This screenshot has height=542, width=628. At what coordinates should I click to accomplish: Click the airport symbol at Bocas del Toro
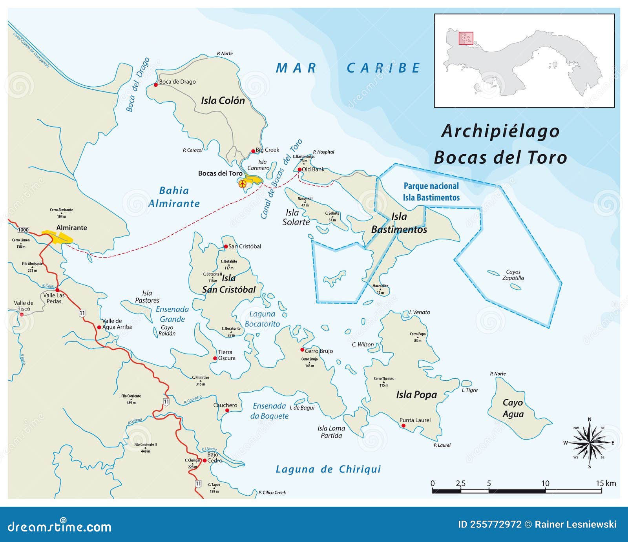click(243, 183)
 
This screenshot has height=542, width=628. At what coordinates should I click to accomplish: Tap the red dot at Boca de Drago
click(156, 85)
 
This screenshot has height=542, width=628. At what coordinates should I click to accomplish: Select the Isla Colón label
click(223, 100)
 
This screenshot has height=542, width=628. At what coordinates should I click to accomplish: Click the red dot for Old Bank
click(299, 170)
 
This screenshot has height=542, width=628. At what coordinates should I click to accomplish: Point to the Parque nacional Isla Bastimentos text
click(431, 192)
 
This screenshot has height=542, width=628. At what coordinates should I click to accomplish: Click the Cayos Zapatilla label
click(513, 275)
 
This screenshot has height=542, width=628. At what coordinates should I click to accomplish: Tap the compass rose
click(589, 443)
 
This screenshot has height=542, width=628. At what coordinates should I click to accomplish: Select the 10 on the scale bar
click(545, 484)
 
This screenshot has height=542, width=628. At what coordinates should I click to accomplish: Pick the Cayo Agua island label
click(513, 408)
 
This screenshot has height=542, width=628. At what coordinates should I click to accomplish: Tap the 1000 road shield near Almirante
click(24, 230)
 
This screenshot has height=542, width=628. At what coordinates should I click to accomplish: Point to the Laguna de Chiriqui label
click(328, 469)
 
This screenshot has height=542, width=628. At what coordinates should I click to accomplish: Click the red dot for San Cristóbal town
click(226, 246)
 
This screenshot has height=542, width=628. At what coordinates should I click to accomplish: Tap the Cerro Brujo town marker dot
click(302, 350)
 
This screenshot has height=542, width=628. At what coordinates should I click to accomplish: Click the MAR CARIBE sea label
click(348, 68)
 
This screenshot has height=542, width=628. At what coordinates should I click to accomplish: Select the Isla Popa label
click(416, 395)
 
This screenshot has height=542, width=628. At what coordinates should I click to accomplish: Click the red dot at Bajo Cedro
click(204, 460)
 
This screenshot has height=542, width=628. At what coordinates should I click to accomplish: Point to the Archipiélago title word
click(500, 131)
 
